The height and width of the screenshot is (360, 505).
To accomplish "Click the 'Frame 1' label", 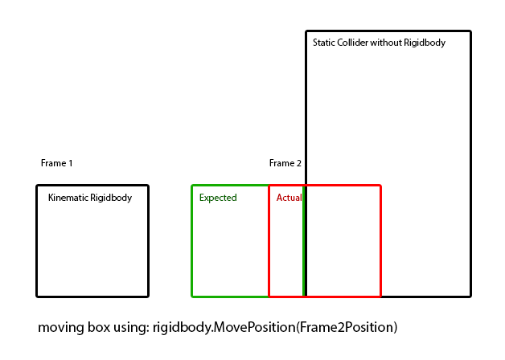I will (56, 163).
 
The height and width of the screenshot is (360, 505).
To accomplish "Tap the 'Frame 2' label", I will (285, 163).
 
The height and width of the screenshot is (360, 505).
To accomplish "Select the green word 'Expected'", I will (218, 198).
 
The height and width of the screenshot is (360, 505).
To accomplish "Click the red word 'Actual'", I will (289, 198).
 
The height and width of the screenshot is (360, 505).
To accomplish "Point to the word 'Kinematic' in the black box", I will (68, 198).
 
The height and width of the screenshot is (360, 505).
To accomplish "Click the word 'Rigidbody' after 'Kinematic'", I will (111, 198).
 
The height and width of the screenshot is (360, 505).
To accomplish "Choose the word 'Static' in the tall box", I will (324, 43).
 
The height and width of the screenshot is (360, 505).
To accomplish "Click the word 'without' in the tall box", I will (386, 43).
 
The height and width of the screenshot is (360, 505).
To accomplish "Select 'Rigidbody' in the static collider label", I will (425, 43).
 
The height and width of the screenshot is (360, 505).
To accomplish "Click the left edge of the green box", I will (192, 241).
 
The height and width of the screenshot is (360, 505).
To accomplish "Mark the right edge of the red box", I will (380, 241).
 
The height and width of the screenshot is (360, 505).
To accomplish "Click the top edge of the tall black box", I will (388, 31).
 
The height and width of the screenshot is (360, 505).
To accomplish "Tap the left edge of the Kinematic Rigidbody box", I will (37, 241).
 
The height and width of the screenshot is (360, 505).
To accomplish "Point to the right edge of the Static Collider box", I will (470, 161).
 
